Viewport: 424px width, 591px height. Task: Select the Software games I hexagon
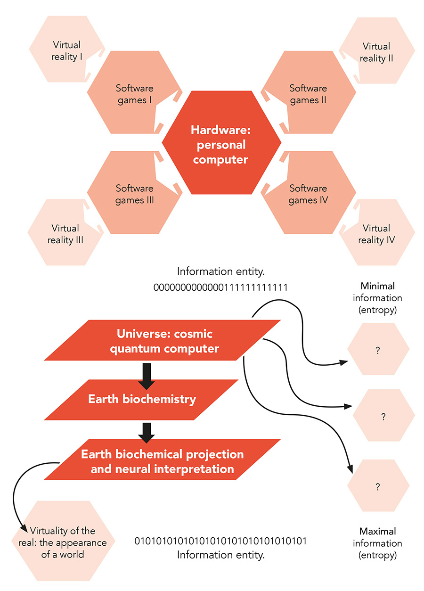[135, 94]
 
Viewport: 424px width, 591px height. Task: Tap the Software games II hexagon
[308, 94]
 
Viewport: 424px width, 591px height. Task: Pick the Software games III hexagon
[135, 194]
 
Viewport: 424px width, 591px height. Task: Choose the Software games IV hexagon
[308, 194]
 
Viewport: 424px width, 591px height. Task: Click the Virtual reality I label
[66, 51]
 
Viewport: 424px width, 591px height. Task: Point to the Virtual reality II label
[376, 52]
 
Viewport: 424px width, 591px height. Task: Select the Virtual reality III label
[65, 234]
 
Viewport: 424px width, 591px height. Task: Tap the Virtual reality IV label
[376, 234]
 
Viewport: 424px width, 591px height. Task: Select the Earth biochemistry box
[142, 399]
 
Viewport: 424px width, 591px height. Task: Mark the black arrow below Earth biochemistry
[147, 431]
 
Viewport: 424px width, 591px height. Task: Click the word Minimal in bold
[377, 286]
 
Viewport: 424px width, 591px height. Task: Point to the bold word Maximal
[377, 531]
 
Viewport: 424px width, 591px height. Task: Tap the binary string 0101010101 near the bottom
[220, 541]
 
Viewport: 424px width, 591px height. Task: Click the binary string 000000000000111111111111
[220, 287]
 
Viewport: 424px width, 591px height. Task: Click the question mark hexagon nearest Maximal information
[377, 487]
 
